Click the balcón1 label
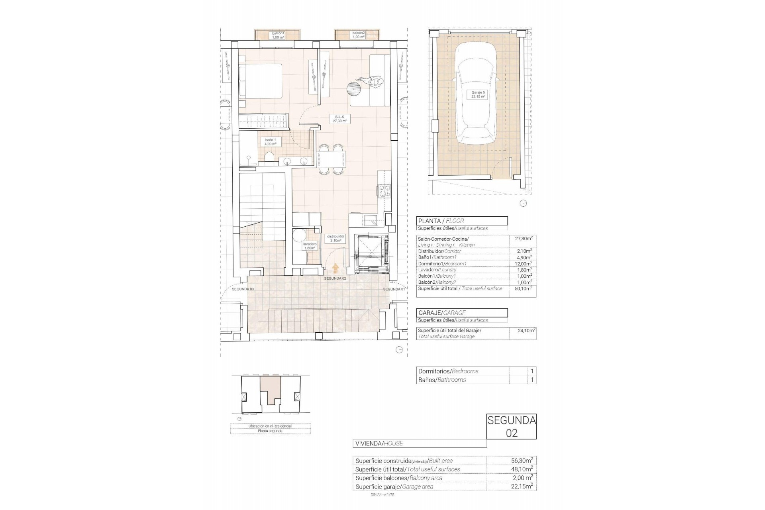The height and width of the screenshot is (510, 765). pyautogui.click(x=278, y=35)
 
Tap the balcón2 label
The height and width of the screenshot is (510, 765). pyautogui.click(x=358, y=35)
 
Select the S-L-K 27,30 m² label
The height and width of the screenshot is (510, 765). pyautogui.click(x=339, y=119)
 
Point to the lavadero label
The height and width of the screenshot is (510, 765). pyautogui.click(x=310, y=246)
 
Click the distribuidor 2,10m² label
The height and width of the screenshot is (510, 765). pyautogui.click(x=335, y=238)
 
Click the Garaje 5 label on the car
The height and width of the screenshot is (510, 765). pyautogui.click(x=478, y=94)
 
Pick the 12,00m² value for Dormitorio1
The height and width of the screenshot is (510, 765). pyautogui.click(x=523, y=264)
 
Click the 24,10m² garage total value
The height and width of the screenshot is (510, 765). pyautogui.click(x=523, y=330)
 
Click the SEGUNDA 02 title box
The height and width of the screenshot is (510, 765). pyautogui.click(x=511, y=427)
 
